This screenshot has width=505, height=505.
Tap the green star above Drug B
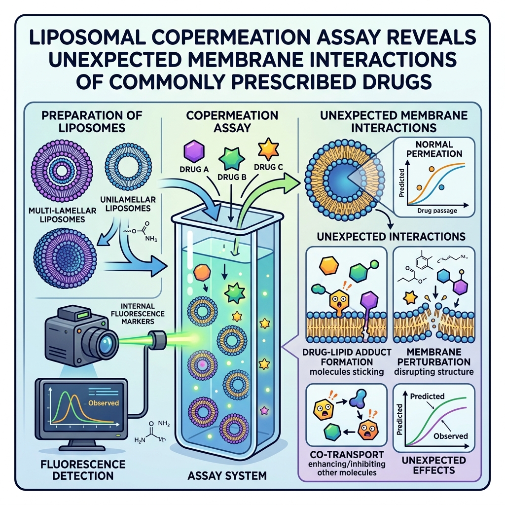pyautogui.click(x=232, y=159)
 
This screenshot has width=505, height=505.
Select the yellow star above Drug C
pyautogui.click(x=269, y=150)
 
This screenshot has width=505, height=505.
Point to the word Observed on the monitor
pyautogui.click(x=104, y=403)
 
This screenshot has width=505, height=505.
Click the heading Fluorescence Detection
pyautogui.click(x=83, y=469)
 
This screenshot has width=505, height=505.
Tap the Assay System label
pyautogui.click(x=227, y=475)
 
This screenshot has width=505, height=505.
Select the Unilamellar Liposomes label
pyautogui.click(x=128, y=204)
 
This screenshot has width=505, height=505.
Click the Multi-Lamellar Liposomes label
pyautogui.click(x=63, y=215)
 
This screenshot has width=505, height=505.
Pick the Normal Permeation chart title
pyautogui.click(x=434, y=149)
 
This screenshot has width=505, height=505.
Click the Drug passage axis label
pyautogui.click(x=437, y=211)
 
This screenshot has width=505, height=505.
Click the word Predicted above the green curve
pyautogui.click(x=427, y=396)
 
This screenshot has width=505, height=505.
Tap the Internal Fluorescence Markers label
pyautogui.click(x=138, y=313)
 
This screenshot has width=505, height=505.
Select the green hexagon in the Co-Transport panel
pyautogui.click(x=332, y=432)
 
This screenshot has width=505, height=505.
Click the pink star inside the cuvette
pyautogui.click(x=264, y=410)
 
